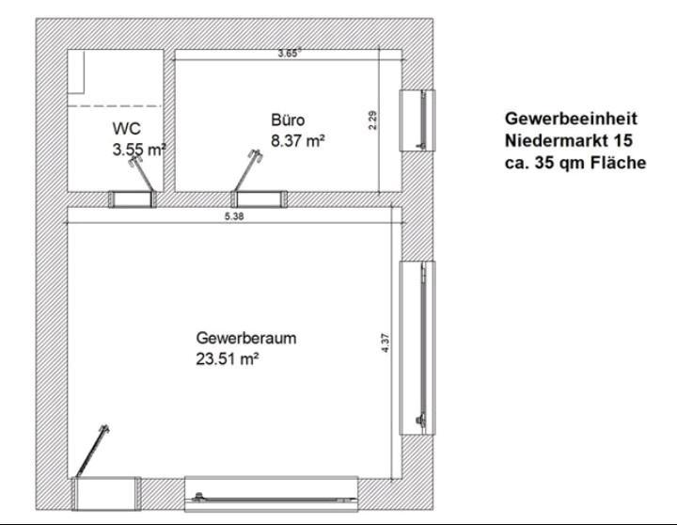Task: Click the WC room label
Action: click(127, 128)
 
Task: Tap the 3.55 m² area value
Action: click(138, 149)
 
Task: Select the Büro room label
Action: click(288, 120)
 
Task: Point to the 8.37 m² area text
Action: click(297, 141)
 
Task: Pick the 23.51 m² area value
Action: click(227, 358)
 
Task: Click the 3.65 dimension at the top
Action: click(288, 54)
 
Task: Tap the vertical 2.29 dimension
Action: click(372, 120)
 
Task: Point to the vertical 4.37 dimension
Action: click(386, 344)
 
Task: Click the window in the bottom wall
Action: click(272, 493)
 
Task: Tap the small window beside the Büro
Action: click(418, 119)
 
